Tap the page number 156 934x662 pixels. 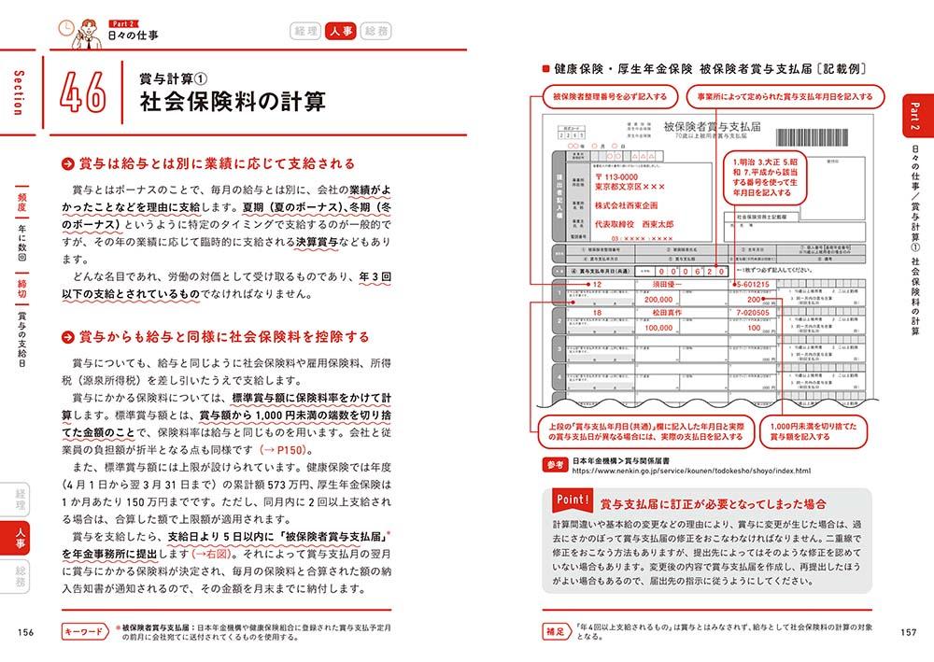click(x=26, y=632)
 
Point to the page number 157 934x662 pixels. click(x=907, y=632)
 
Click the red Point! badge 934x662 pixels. click(x=565, y=502)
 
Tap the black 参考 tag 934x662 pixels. click(x=555, y=463)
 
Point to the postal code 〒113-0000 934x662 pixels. click(x=610, y=174)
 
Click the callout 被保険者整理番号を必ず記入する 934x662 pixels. click(x=604, y=96)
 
